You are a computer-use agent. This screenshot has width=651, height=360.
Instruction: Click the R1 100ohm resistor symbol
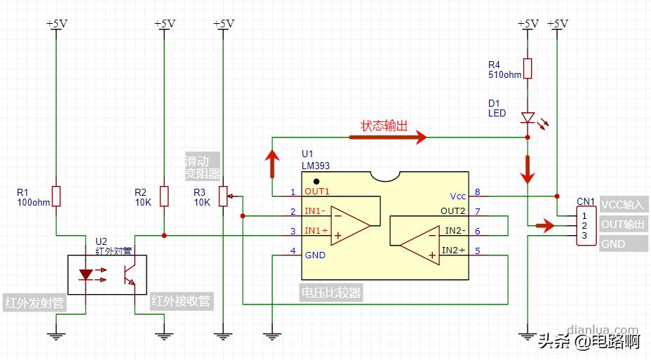tap(57, 196)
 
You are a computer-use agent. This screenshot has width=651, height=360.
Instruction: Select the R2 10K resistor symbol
tap(163, 196)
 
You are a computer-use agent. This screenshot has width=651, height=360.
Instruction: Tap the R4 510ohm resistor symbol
tap(528, 69)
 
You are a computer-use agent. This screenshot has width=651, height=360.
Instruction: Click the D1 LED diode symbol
tap(528, 118)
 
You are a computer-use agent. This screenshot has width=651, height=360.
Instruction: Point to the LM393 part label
tap(316, 166)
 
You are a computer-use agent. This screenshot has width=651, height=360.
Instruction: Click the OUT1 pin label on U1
tap(316, 192)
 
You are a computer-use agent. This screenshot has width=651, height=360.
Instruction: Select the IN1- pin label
tap(314, 211)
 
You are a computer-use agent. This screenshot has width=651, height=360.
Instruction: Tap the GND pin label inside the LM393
tap(315, 255)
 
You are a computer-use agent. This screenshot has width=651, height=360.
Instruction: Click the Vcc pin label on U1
tap(457, 196)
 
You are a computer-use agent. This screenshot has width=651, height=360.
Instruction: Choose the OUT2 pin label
tap(453, 211)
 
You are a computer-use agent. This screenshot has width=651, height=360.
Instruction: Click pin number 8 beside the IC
tap(478, 192)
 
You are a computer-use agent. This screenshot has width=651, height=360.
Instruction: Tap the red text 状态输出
tap(384, 126)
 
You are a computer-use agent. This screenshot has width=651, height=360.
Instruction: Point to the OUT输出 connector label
tap(622, 225)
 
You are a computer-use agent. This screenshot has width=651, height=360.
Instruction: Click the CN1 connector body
tap(584, 225)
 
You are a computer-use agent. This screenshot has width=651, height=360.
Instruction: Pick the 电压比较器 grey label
tap(331, 293)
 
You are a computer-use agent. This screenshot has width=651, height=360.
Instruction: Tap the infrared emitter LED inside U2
tap(86, 274)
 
